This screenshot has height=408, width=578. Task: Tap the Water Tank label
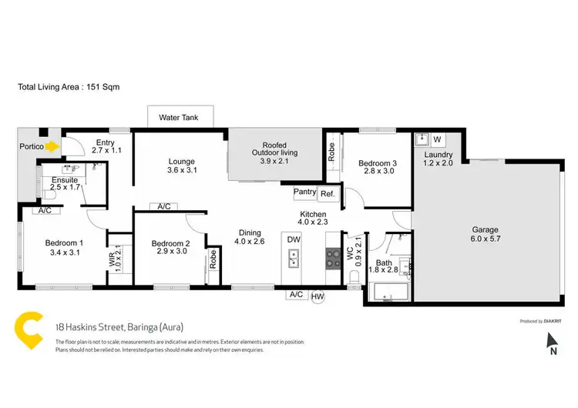tap(179, 118)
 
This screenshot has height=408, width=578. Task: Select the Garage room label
tap(486, 229)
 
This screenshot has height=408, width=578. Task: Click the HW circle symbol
tap(318, 295)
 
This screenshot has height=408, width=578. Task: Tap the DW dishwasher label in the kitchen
tap(294, 240)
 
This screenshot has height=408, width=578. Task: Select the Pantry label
tap(304, 194)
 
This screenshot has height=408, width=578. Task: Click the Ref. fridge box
tap(328, 194)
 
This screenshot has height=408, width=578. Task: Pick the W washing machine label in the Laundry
tap(437, 140)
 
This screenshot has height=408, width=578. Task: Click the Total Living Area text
tap(69, 87)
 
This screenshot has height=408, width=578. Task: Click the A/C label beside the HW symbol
tap(296, 295)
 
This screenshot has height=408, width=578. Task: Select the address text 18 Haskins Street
tap(124, 326)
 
